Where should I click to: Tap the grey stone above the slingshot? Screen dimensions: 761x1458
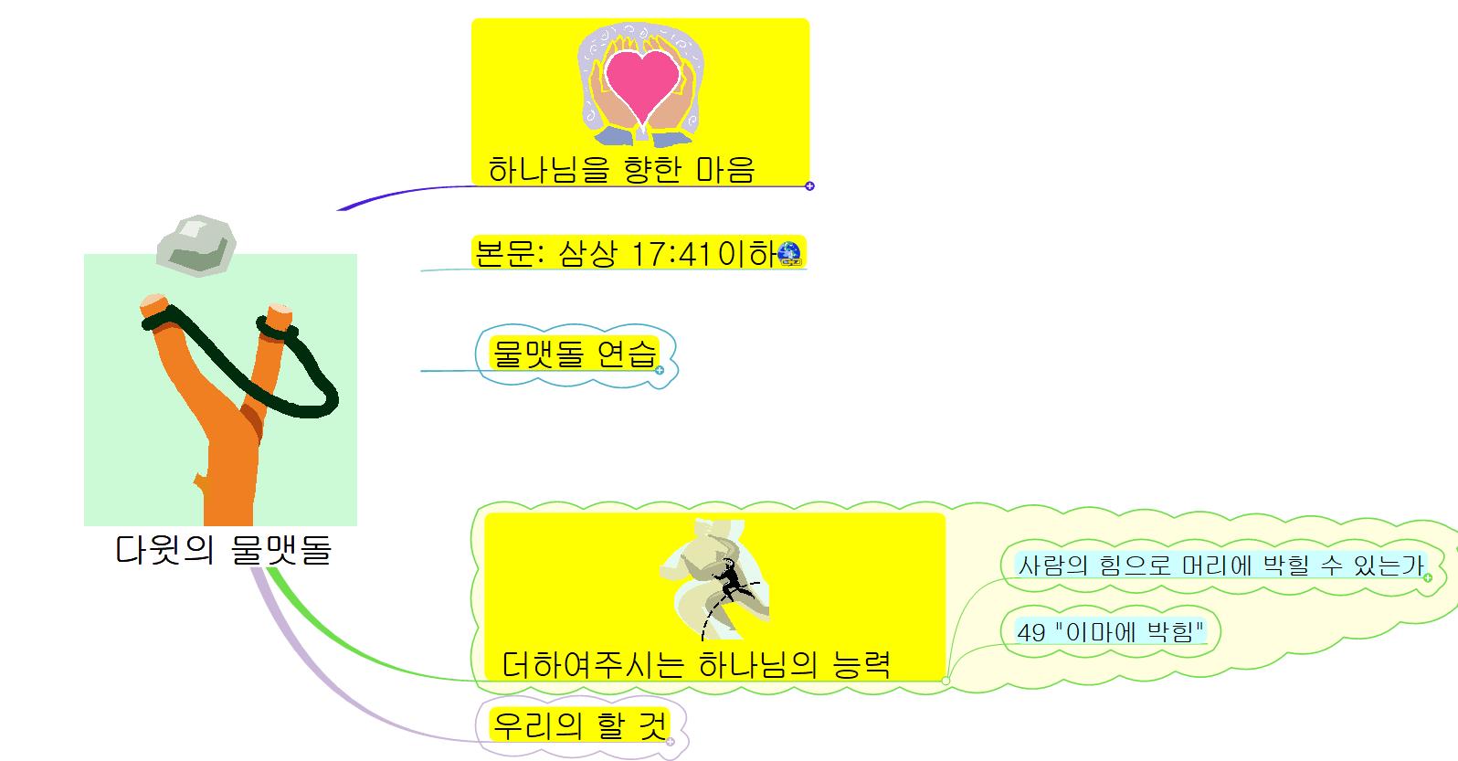[x=196, y=246]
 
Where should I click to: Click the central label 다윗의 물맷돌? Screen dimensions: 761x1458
[x=223, y=549]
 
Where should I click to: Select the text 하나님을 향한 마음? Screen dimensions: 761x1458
[x=621, y=170]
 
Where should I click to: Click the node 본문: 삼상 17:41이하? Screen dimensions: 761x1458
[x=625, y=253]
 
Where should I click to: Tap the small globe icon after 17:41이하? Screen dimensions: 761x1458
[x=789, y=253]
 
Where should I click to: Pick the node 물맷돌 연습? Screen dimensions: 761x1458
[x=574, y=353]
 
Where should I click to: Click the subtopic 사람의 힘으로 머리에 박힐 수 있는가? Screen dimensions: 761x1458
[x=1220, y=565]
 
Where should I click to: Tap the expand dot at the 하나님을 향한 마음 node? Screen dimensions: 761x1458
[x=809, y=186]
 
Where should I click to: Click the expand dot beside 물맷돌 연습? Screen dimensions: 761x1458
[x=660, y=370]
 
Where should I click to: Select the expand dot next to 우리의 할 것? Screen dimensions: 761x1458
[x=670, y=742]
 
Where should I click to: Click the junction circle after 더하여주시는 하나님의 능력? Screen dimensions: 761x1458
[x=946, y=681]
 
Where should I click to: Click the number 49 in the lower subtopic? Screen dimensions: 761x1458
[x=1030, y=631]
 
